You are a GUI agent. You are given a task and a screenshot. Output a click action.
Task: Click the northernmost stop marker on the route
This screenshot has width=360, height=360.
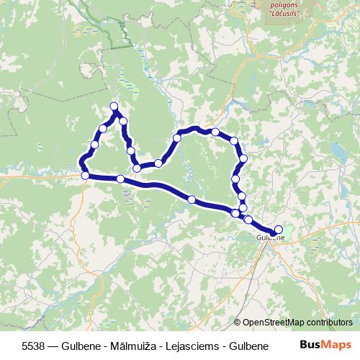click(x=114, y=107)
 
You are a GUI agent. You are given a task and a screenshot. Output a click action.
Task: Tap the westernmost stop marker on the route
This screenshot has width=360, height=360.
click(x=85, y=175)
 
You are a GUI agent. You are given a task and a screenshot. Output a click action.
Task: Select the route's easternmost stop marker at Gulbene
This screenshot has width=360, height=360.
click(x=279, y=230)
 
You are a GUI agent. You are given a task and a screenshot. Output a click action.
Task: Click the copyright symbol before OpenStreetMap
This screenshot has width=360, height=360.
click(x=238, y=323)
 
